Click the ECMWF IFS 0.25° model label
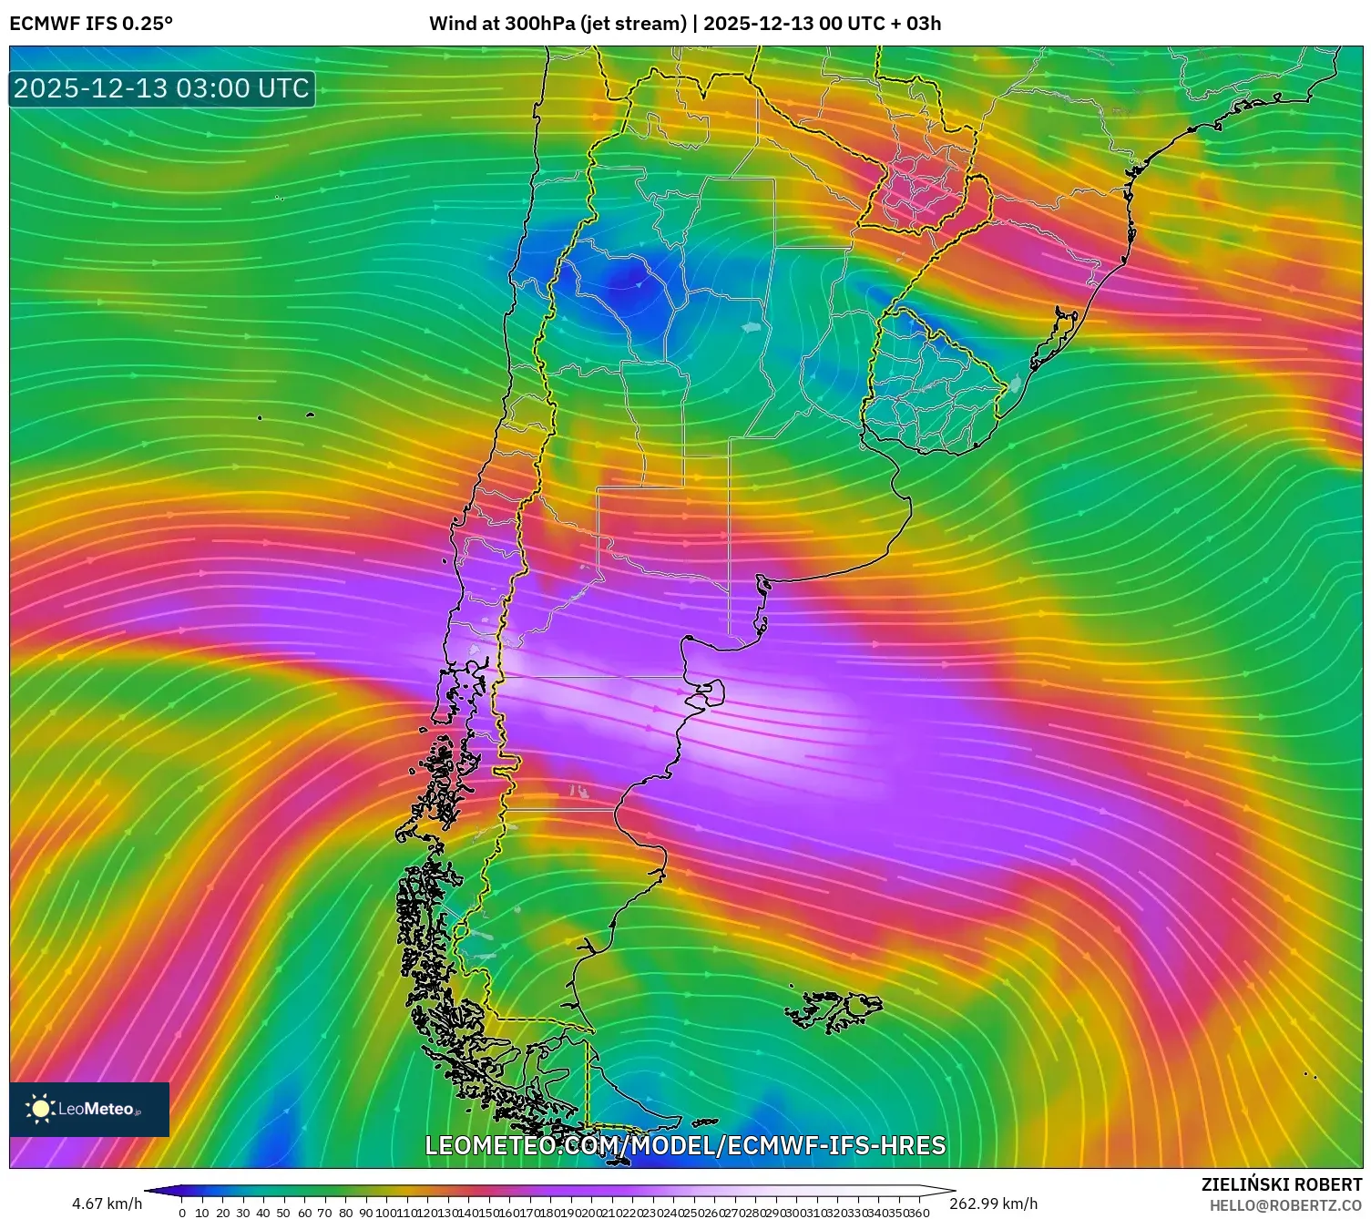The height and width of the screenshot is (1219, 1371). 91,24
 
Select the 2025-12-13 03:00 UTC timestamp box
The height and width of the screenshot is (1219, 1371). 162,88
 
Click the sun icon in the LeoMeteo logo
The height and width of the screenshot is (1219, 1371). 40,1109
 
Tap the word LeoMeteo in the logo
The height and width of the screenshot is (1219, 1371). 97,1109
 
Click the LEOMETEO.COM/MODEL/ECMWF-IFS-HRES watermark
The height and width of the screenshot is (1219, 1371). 685,1145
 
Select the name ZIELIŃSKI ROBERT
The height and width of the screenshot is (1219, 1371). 1282,1185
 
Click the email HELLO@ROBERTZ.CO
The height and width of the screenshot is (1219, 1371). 1285,1205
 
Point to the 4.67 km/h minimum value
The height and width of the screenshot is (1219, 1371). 107,1204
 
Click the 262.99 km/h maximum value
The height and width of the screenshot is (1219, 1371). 993,1204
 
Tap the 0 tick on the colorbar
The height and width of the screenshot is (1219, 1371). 182,1213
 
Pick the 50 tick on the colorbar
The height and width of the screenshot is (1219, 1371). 283,1213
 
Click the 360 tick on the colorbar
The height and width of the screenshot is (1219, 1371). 919,1213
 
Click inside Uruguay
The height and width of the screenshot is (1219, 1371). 934,387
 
